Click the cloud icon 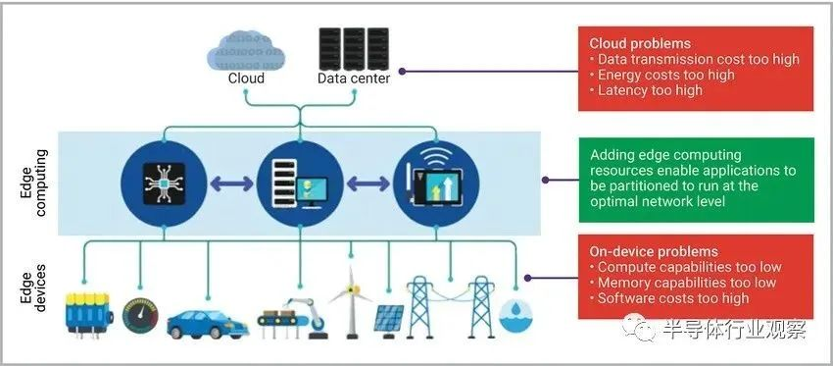(246, 51)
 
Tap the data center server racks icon (353, 49)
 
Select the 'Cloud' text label (246, 78)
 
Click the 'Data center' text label (354, 78)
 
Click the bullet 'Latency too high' (646, 90)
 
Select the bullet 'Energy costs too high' (661, 75)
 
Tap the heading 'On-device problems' (654, 251)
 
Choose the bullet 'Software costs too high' (669, 298)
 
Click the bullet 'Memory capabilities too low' (683, 283)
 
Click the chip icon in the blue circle (164, 183)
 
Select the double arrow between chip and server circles (231, 184)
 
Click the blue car (208, 325)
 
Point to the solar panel (388, 321)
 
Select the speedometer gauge (140, 315)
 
